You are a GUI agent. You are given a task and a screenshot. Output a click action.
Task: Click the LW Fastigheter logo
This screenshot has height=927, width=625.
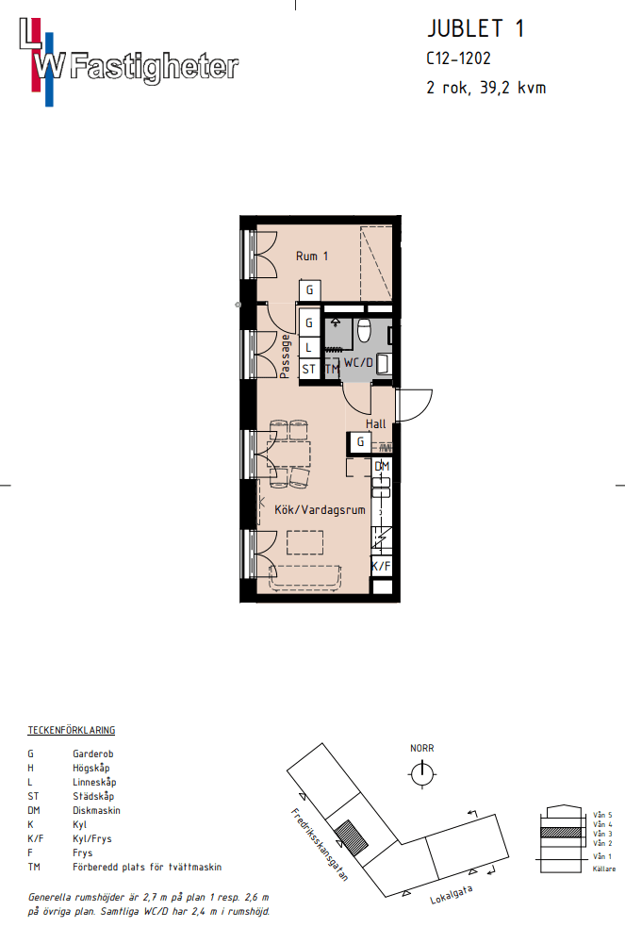coord(129,62)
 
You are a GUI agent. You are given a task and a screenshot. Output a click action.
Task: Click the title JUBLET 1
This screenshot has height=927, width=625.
coord(475,28)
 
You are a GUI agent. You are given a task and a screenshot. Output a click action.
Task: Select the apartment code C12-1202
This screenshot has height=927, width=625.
coord(458,58)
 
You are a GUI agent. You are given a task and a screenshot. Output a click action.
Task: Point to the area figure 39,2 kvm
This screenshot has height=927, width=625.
coord(513,88)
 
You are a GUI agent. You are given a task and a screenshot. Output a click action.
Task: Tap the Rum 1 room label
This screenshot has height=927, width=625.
coord(312,256)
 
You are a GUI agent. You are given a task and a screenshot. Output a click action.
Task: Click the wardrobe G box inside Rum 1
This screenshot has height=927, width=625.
coord(309,290)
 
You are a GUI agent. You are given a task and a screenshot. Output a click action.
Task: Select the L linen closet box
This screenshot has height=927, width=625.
coord(309,348)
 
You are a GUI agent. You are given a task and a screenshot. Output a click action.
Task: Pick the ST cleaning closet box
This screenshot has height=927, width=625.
coord(309,370)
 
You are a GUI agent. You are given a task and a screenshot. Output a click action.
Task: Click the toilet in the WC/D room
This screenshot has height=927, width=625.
coord(364,330)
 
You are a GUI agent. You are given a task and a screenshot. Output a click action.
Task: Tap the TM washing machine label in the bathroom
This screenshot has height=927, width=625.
coord(332,369)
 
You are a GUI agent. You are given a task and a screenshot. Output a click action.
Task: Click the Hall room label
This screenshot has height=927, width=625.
coord(376,423)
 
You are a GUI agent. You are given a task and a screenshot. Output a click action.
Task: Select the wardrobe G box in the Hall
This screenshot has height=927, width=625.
coord(360,442)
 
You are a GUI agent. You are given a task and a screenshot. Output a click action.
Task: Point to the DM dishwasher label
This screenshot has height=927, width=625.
coord(382,466)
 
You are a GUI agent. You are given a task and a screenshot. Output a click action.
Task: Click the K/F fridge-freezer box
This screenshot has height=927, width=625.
coord(381,566)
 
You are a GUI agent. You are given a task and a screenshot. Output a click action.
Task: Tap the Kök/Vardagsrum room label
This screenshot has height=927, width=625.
coord(320,509)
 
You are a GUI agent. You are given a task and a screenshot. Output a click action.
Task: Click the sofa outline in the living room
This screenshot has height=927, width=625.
coord(305,577)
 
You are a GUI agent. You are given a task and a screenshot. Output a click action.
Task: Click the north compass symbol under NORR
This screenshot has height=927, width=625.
coord(422,773)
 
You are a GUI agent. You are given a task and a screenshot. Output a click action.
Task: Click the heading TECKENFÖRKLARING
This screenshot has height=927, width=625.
coord(72,730)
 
